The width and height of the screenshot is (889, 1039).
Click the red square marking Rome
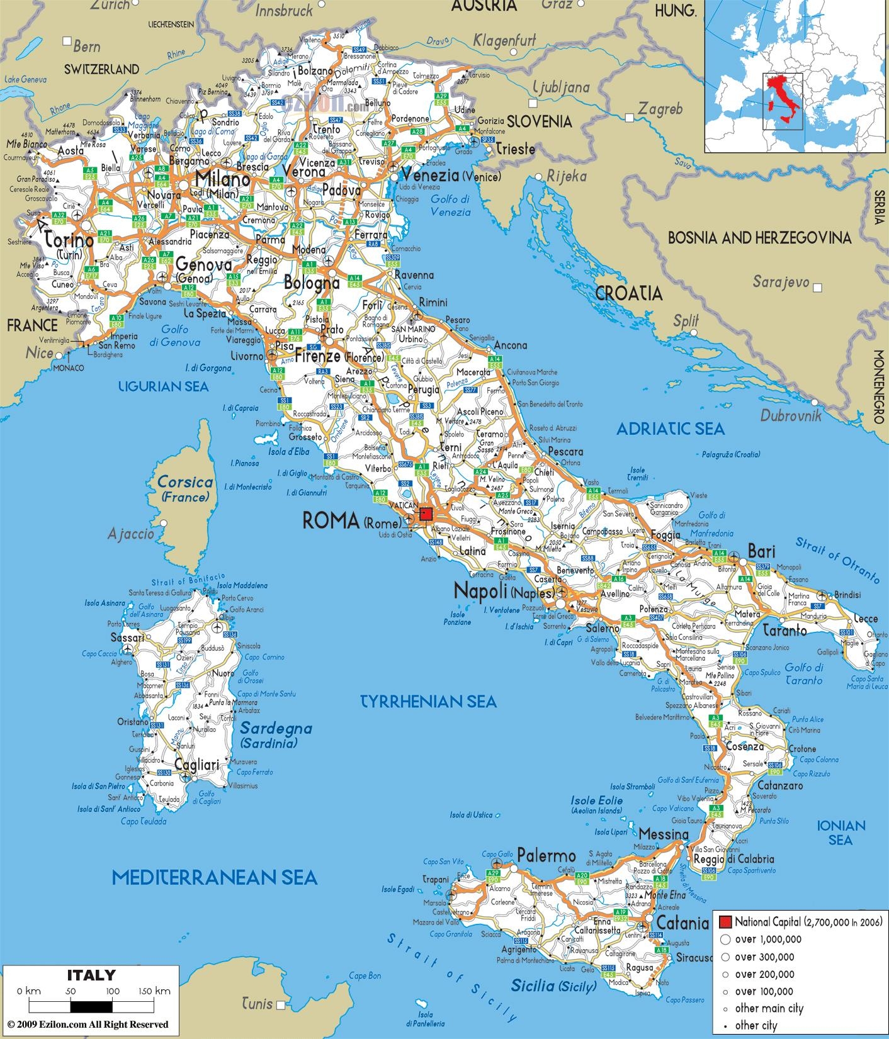[x=426, y=514]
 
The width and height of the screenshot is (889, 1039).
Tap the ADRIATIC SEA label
[x=670, y=429]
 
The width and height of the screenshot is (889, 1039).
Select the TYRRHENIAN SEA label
[x=428, y=701]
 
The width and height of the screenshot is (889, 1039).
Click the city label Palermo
[x=546, y=856]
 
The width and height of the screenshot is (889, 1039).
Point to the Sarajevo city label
[x=781, y=283]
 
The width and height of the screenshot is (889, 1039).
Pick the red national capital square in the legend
[x=725, y=923]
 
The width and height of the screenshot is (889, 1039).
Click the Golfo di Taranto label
[x=804, y=674]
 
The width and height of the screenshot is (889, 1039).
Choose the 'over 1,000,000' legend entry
[x=767, y=940]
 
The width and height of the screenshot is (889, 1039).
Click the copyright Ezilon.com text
[x=88, y=1025]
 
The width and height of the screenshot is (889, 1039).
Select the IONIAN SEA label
[x=841, y=832]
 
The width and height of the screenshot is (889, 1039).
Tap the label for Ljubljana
[x=561, y=87]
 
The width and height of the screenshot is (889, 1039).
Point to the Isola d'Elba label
[x=289, y=451]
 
